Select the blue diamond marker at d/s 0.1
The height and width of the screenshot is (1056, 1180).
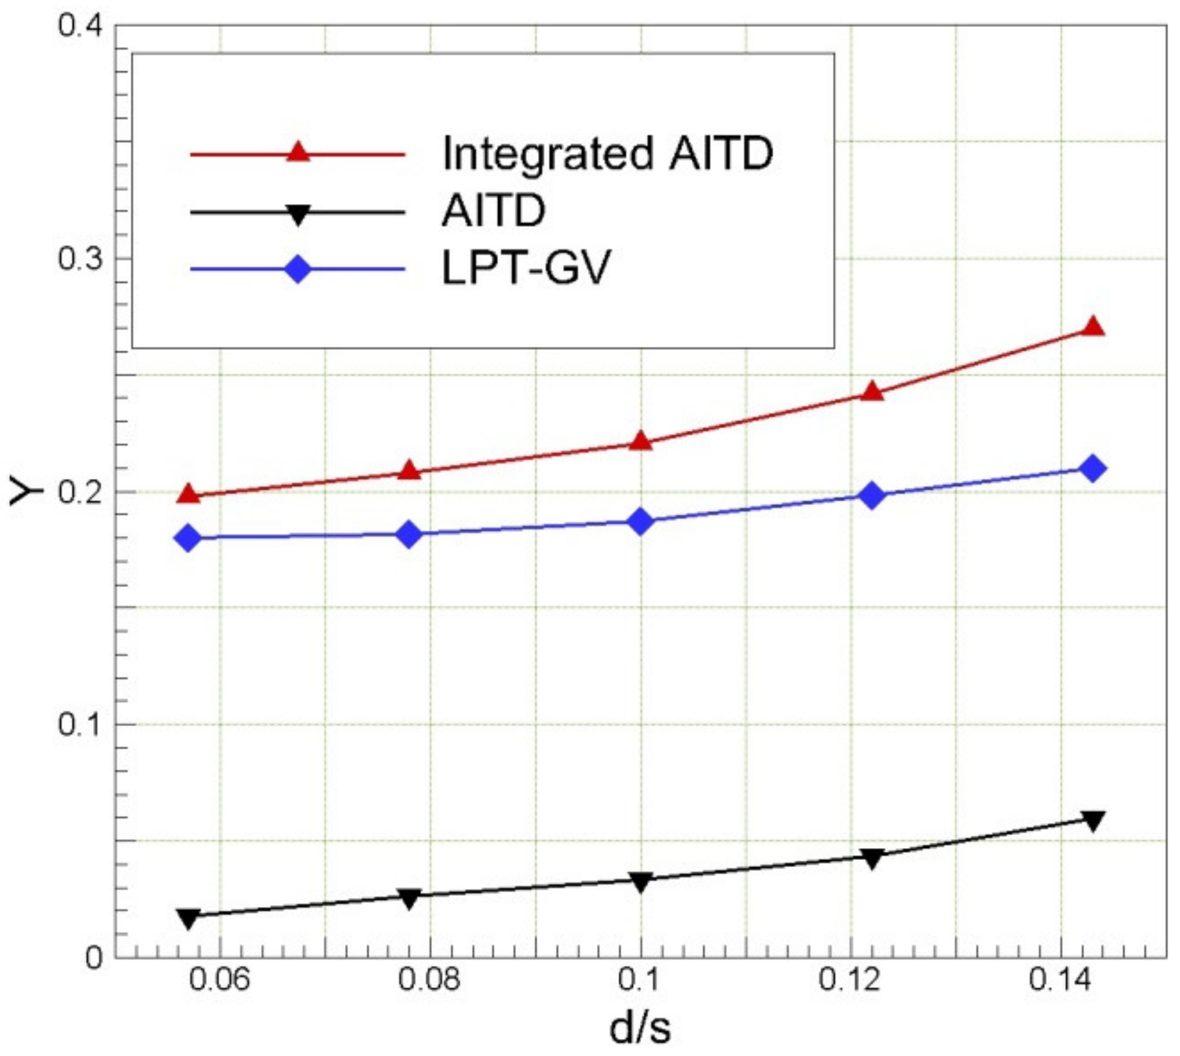(641, 521)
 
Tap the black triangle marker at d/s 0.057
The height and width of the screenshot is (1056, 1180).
(188, 918)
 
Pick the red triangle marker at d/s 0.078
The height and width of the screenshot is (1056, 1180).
(409, 470)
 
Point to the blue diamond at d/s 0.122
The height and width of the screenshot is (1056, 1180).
(872, 495)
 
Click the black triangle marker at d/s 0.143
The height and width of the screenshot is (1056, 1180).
(1092, 821)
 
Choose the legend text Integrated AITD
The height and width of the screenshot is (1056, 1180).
(608, 153)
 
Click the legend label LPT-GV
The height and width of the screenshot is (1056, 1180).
(526, 268)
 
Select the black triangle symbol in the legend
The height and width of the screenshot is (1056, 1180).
(298, 214)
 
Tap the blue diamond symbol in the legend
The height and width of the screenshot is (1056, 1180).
(298, 269)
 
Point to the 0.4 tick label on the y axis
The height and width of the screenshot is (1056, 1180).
(80, 26)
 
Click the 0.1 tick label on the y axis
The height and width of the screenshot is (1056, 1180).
(80, 725)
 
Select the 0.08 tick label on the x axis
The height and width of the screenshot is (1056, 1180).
(430, 980)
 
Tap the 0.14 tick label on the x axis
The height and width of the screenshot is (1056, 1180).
(1060, 980)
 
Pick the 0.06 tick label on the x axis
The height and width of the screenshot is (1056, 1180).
(220, 980)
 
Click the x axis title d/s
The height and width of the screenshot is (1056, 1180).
(640, 1028)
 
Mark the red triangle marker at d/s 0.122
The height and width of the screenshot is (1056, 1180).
(872, 392)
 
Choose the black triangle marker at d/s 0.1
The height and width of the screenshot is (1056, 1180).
(641, 882)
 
